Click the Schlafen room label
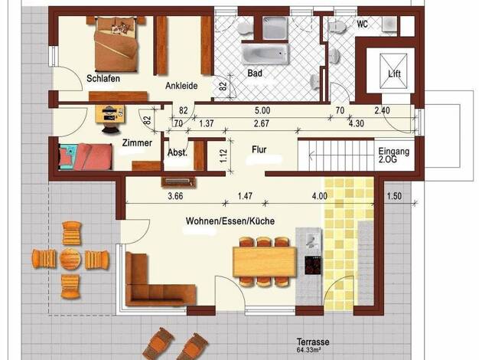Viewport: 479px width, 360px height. pyautogui.click(x=103, y=79)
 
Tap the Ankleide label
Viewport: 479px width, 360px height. pyautogui.click(x=181, y=86)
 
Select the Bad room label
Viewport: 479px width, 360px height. pyautogui.click(x=255, y=74)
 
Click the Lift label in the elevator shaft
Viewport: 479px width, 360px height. pyautogui.click(x=394, y=74)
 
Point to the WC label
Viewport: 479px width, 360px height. pyautogui.click(x=362, y=24)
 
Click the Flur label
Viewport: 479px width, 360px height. pyautogui.click(x=259, y=149)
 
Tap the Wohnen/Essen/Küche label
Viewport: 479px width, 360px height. pyautogui.click(x=230, y=221)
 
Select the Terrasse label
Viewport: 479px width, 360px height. pyautogui.click(x=313, y=342)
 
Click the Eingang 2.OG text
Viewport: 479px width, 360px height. pyautogui.click(x=393, y=155)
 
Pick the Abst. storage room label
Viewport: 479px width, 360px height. pyautogui.click(x=178, y=152)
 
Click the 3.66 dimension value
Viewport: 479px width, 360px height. pyautogui.click(x=176, y=196)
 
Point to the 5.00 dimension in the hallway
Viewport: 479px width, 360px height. pyautogui.click(x=262, y=110)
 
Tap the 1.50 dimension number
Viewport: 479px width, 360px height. pyautogui.click(x=394, y=196)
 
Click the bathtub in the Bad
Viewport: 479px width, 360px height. pyautogui.click(x=266, y=54)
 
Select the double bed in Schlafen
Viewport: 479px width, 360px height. pyautogui.click(x=116, y=44)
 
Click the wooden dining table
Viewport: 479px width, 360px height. pyautogui.click(x=265, y=262)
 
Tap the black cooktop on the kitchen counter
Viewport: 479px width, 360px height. pyautogui.click(x=313, y=266)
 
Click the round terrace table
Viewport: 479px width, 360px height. pyautogui.click(x=70, y=259)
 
